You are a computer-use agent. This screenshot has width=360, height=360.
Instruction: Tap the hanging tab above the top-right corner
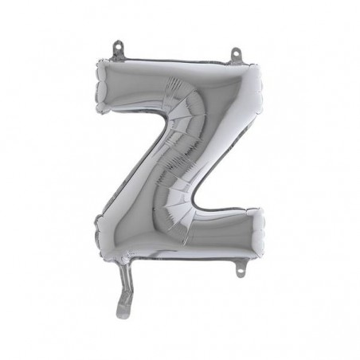click(x=236, y=57)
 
